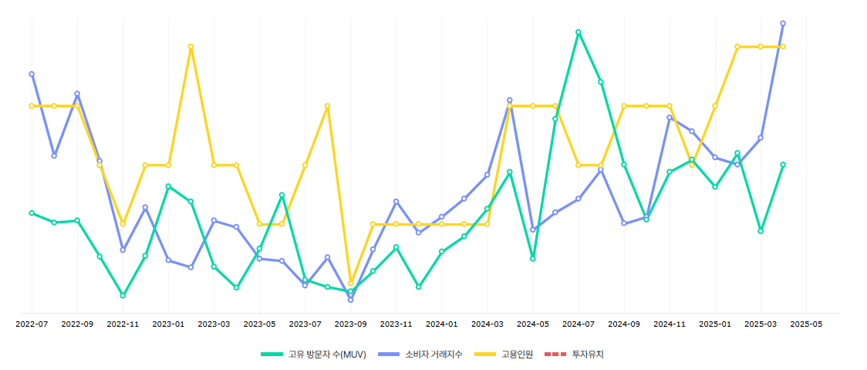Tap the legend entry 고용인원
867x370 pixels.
[517, 354]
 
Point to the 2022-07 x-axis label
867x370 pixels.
[32, 324]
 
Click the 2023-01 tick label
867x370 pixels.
[168, 324]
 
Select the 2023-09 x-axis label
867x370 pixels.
[350, 324]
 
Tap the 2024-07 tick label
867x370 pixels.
[579, 324]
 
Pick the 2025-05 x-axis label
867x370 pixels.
[806, 324]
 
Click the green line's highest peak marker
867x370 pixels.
[579, 32]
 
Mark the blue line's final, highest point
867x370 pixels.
[783, 23]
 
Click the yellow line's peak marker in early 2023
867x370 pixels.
[191, 46]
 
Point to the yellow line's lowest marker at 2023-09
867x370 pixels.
[350, 283]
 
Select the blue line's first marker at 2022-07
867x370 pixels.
[32, 74]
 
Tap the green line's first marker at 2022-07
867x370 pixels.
[32, 213]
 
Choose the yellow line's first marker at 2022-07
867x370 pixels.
[32, 106]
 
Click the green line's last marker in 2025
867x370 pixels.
[783, 165]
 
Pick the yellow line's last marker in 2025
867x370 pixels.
[783, 46]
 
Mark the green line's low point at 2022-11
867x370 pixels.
[123, 295]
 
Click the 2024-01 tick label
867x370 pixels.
[442, 324]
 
